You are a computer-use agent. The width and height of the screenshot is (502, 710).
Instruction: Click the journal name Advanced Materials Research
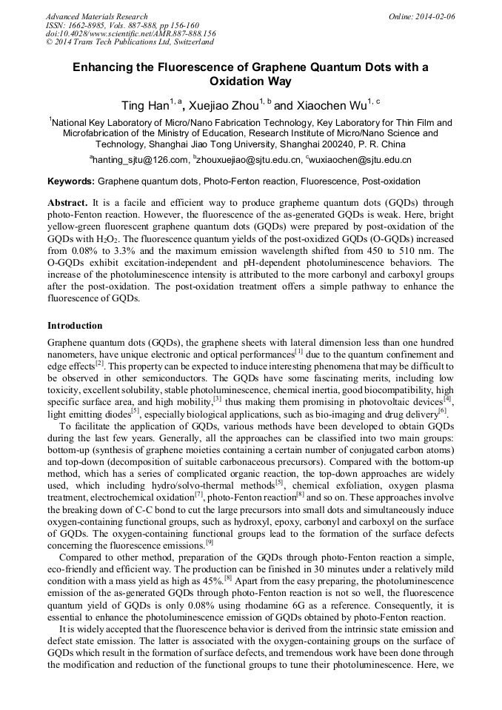(x=96, y=16)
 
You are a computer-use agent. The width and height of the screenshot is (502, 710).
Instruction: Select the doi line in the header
(x=131, y=34)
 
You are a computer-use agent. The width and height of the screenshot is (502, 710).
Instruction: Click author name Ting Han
(x=145, y=107)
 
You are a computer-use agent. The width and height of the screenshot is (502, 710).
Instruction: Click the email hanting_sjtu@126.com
(x=141, y=159)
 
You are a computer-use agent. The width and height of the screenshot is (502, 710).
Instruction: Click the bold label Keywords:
(x=71, y=181)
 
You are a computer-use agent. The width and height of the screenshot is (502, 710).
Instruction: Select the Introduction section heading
(x=75, y=326)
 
